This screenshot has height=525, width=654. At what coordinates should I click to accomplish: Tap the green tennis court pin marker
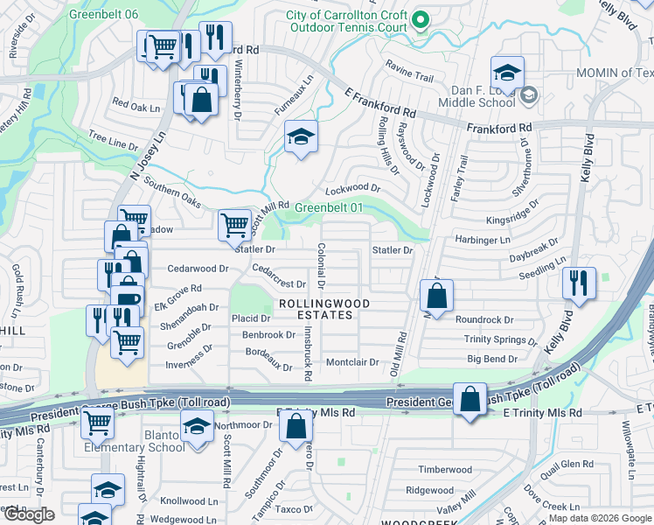tap(421, 18)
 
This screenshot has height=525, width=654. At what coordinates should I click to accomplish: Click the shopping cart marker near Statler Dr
tap(234, 225)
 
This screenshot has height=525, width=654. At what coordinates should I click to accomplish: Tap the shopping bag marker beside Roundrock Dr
tap(435, 296)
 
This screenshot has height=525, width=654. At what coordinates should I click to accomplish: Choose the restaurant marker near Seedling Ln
tap(579, 283)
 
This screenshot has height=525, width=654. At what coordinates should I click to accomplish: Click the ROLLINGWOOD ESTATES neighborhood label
tap(323, 309)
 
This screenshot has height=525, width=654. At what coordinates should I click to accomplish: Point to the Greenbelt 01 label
tap(328, 207)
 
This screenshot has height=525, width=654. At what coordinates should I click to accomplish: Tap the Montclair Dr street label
tap(351, 362)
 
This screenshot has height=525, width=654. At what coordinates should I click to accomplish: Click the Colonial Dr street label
tap(321, 266)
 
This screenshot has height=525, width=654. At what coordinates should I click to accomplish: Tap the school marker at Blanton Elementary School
tap(197, 426)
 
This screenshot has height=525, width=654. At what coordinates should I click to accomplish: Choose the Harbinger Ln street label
tap(481, 240)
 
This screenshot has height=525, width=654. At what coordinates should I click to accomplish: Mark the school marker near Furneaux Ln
tap(301, 136)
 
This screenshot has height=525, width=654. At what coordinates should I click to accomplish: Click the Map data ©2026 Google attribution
tap(600, 518)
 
